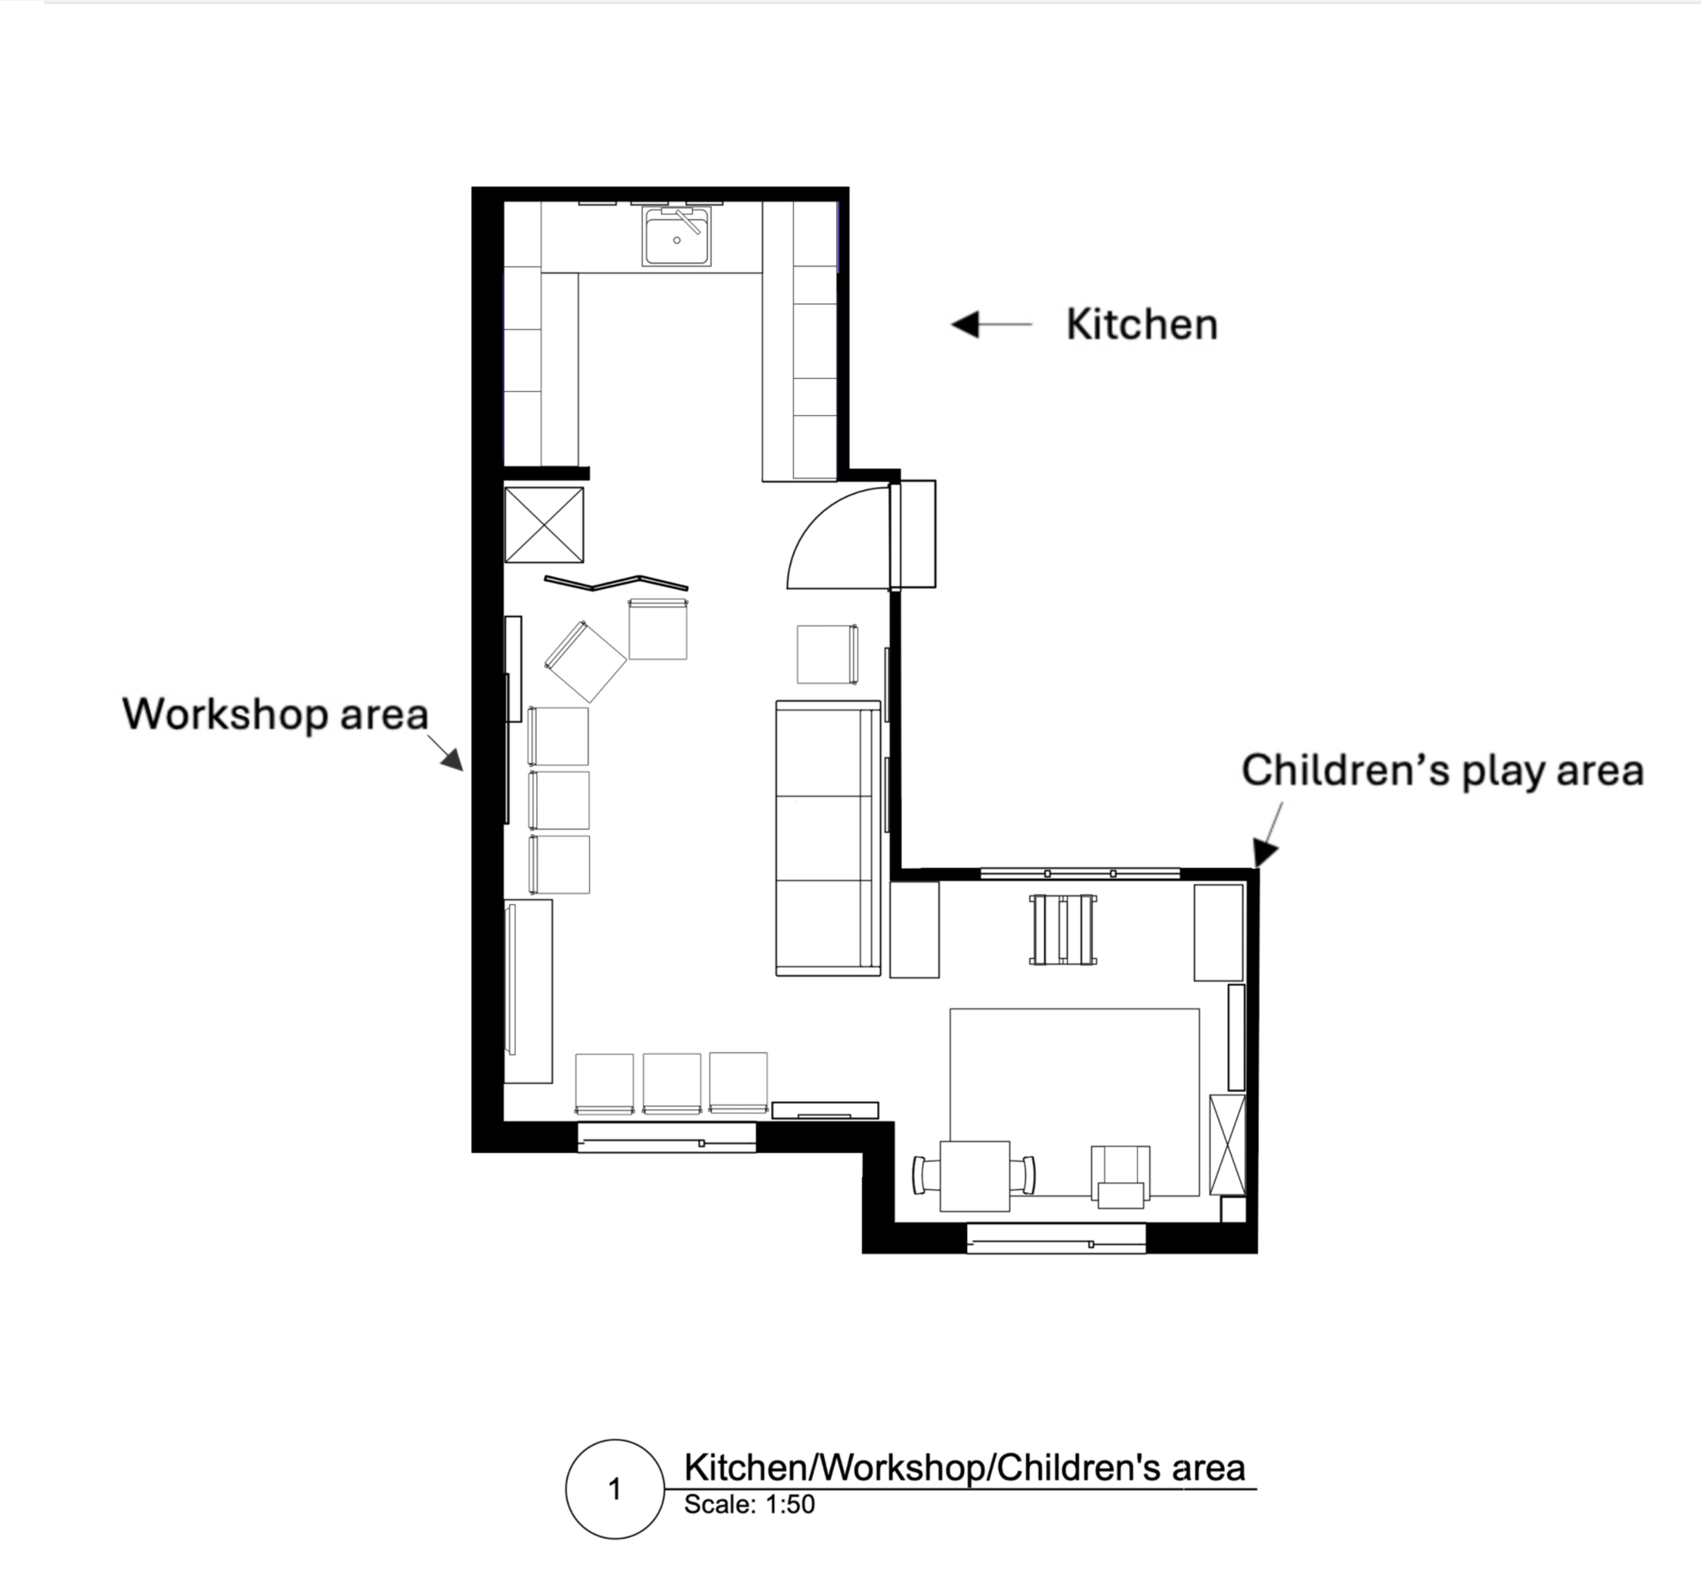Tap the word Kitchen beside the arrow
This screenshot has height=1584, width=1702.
click(1141, 325)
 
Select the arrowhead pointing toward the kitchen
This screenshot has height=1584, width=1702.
click(965, 324)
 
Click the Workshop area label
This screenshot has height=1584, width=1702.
click(275, 714)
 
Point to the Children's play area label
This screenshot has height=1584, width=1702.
click(1442, 771)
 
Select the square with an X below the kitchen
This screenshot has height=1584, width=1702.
click(543, 525)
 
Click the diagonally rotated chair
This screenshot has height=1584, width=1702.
click(585, 662)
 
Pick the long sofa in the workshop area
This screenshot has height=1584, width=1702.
click(828, 838)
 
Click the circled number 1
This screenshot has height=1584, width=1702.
click(614, 1489)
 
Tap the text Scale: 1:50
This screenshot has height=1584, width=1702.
click(749, 1504)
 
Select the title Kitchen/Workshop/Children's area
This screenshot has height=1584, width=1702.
click(964, 1468)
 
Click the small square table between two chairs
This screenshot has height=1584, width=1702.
click(975, 1175)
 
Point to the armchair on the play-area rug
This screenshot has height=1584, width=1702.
click(1121, 1176)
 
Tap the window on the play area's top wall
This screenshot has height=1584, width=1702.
click(1080, 874)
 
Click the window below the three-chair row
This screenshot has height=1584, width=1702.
click(666, 1138)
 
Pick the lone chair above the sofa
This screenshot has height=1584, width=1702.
click(828, 654)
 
